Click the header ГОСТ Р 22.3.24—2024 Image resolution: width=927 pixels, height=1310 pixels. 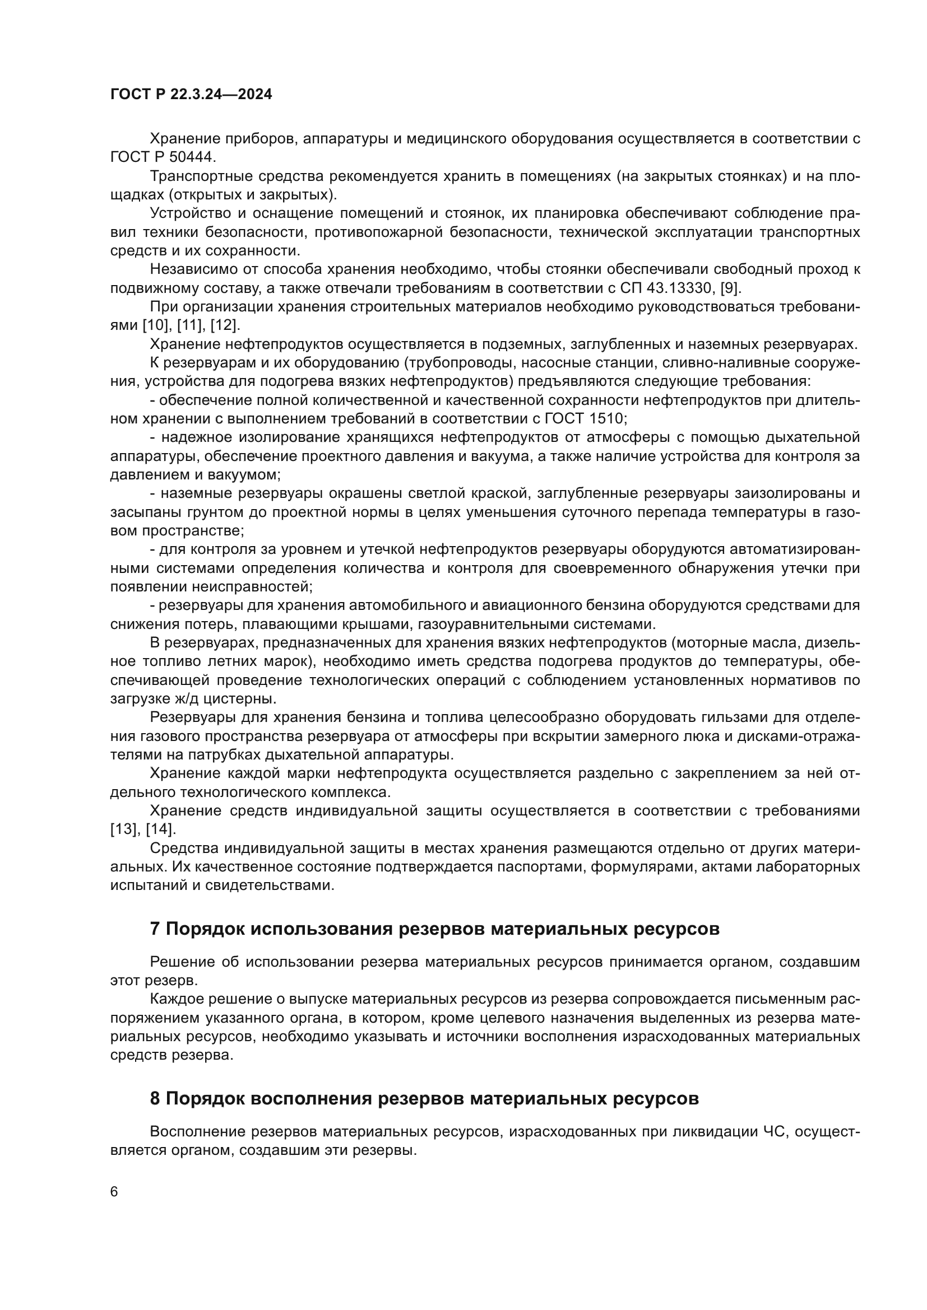point(191,95)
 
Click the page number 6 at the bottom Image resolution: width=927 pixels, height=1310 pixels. point(114,1191)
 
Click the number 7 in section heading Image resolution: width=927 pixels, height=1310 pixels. point(155,929)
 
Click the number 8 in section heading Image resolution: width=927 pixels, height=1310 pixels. point(155,1098)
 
